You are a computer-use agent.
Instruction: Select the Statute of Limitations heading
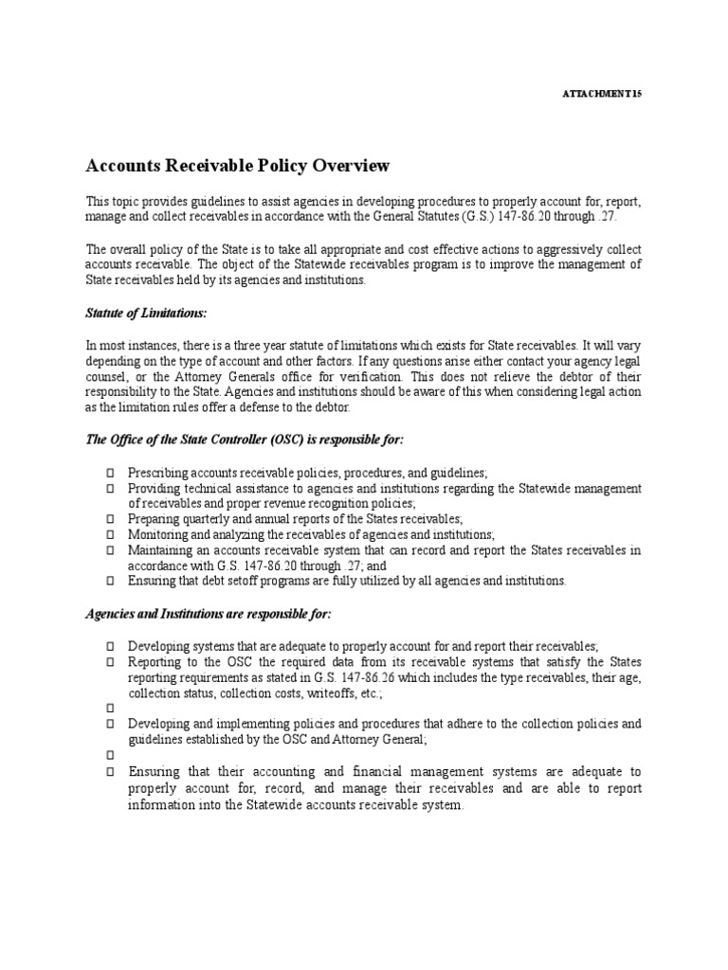pyautogui.click(x=146, y=313)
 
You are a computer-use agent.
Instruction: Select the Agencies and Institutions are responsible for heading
pyautogui.click(x=209, y=614)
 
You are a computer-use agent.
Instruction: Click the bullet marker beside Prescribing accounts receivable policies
pyautogui.click(x=110, y=472)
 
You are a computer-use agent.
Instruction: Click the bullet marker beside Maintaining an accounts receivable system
pyautogui.click(x=110, y=550)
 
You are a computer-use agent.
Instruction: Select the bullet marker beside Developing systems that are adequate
pyautogui.click(x=110, y=646)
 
